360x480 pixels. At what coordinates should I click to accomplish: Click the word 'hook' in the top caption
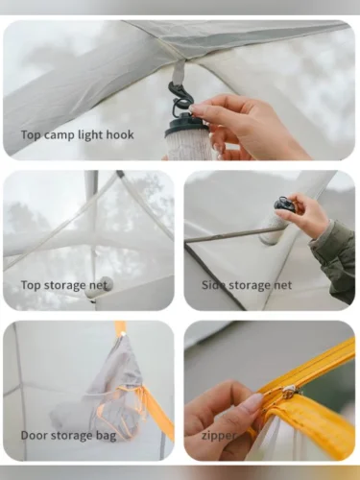(x=120, y=134)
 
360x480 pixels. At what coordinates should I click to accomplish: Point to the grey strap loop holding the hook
(x=178, y=72)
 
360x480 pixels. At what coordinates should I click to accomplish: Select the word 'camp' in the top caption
(x=60, y=135)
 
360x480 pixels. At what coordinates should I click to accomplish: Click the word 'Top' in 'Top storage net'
(x=31, y=285)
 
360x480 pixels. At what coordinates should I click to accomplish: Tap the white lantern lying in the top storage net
(x=99, y=285)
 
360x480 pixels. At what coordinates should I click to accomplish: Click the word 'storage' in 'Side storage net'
(x=247, y=285)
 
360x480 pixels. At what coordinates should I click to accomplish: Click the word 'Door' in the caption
(x=35, y=435)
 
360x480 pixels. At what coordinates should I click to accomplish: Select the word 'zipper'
(x=218, y=436)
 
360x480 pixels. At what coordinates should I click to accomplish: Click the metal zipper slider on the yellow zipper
(x=288, y=392)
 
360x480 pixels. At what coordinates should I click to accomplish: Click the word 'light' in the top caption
(x=90, y=135)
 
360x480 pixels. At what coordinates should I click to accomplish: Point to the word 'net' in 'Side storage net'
(x=282, y=285)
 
